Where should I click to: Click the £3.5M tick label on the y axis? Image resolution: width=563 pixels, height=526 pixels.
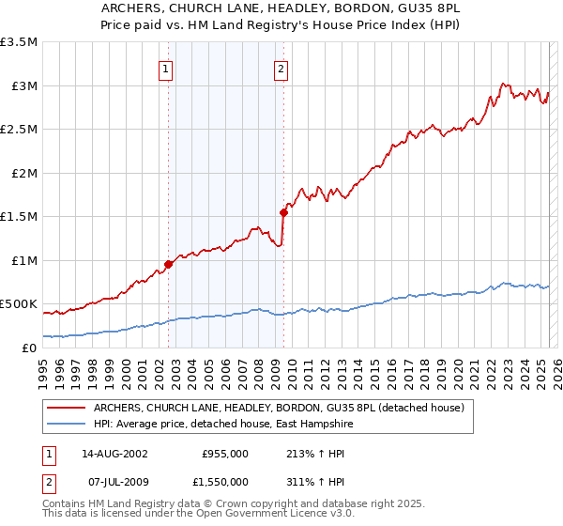pyautogui.click(x=19, y=42)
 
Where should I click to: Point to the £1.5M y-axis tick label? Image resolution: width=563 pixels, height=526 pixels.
pyautogui.click(x=19, y=216)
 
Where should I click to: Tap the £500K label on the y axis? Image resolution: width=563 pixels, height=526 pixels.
pyautogui.click(x=19, y=304)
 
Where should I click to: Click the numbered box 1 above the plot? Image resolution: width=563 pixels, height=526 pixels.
pyautogui.click(x=165, y=68)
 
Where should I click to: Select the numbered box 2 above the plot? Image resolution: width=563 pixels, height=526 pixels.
pyautogui.click(x=281, y=68)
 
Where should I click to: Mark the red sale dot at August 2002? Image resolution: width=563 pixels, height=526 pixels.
pyautogui.click(x=169, y=264)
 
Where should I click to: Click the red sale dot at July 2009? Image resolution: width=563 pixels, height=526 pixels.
pyautogui.click(x=282, y=212)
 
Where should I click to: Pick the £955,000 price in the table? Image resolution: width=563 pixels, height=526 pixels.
pyautogui.click(x=225, y=454)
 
